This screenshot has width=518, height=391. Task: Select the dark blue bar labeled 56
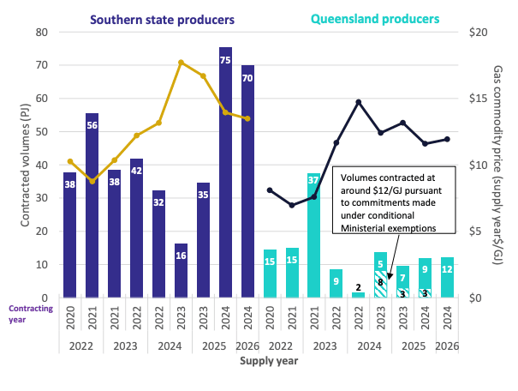(92, 206)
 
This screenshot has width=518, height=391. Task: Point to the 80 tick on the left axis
(41, 32)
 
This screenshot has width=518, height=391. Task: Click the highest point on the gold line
(181, 62)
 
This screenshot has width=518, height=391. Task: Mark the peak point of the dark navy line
(359, 102)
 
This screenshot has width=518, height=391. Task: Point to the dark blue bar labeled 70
(247, 181)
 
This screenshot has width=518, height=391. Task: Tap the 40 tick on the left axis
(41, 165)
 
